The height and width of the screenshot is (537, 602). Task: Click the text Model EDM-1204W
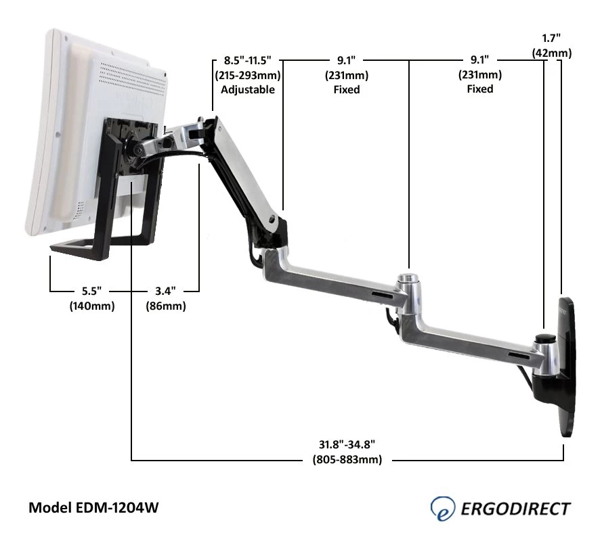(x=93, y=507)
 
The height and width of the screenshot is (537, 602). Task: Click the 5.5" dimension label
(x=91, y=291)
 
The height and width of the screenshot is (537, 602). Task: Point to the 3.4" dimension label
(x=165, y=291)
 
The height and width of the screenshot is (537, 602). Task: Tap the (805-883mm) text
(x=347, y=460)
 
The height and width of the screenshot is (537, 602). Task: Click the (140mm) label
(x=91, y=306)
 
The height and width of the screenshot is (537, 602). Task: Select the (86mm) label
(x=165, y=306)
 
